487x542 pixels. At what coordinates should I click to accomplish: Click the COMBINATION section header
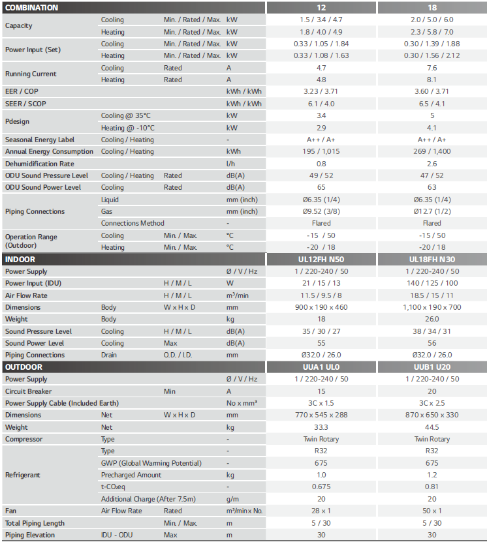(x=31, y=8)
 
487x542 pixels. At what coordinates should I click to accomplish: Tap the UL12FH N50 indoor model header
(x=321, y=260)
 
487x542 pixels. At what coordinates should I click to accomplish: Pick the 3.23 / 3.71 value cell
(x=321, y=91)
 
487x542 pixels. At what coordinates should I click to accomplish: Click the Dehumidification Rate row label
(x=39, y=164)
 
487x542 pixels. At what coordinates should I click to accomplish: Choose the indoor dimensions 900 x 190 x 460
(x=321, y=307)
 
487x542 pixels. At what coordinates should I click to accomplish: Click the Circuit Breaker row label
(x=29, y=391)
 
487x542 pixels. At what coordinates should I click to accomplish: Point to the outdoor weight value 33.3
(x=321, y=427)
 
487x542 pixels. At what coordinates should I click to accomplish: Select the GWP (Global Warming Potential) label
(x=151, y=463)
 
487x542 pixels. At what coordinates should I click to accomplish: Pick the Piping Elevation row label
(x=30, y=535)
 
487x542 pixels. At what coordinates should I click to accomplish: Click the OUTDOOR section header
(x=24, y=367)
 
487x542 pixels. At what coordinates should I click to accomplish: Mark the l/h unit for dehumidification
(x=230, y=164)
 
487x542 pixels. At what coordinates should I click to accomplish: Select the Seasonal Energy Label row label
(x=40, y=140)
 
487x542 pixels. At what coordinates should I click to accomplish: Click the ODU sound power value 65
(x=321, y=187)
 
